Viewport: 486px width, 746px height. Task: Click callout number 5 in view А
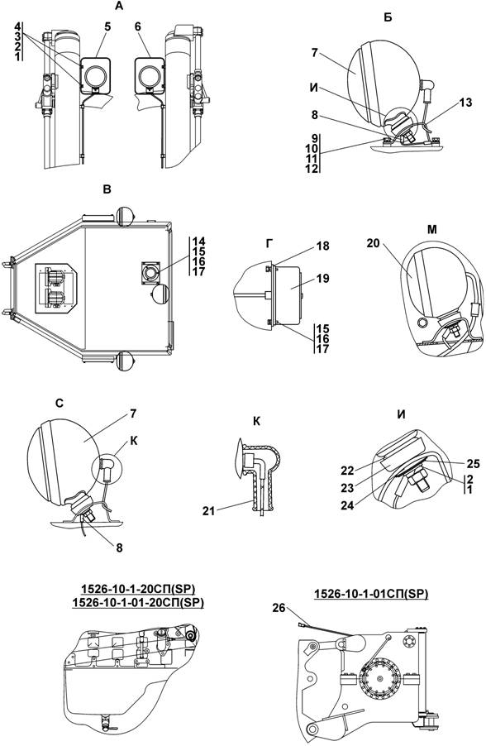point(107,26)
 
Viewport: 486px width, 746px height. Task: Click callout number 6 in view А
point(137,26)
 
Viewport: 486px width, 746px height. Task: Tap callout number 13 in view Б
point(466,103)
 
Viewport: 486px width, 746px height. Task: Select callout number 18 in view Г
point(323,246)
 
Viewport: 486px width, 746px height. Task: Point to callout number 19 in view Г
point(323,279)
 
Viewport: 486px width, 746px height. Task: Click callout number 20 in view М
point(374,243)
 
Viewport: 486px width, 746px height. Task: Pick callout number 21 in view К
point(209,510)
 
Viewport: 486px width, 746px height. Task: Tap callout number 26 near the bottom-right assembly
point(279,608)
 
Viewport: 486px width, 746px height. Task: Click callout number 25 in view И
point(474,463)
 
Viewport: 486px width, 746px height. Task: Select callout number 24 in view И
point(348,505)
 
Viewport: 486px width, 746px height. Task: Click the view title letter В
point(107,189)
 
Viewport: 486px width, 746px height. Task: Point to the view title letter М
point(431,230)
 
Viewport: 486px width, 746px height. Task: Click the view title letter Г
point(269,243)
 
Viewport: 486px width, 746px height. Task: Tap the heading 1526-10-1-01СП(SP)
point(371,594)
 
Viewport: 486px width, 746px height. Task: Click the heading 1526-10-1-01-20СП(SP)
point(138,602)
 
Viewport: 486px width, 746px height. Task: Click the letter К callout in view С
point(134,441)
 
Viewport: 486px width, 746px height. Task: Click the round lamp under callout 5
point(95,75)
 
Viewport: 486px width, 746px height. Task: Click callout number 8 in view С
point(119,548)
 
